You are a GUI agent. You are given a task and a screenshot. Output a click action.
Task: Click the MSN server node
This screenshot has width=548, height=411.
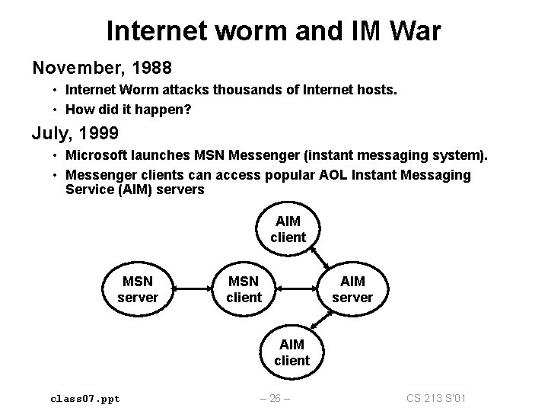click(138, 289)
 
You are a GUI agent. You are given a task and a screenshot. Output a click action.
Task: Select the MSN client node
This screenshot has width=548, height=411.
click(244, 289)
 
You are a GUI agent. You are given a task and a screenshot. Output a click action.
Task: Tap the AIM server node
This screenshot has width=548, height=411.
click(352, 289)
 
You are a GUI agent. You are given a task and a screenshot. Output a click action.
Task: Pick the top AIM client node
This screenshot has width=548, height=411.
click(288, 229)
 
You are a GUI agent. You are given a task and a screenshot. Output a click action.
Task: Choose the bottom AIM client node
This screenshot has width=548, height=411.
click(292, 352)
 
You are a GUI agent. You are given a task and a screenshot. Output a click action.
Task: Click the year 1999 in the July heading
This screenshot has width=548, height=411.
click(97, 134)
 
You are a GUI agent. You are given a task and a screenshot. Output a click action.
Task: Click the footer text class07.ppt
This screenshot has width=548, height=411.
click(84, 398)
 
